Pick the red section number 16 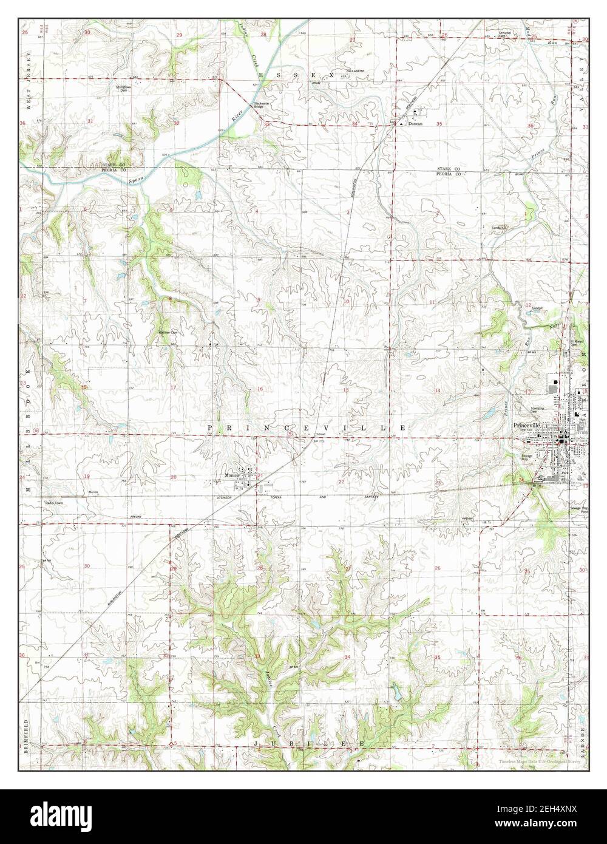260,389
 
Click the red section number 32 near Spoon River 177,123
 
